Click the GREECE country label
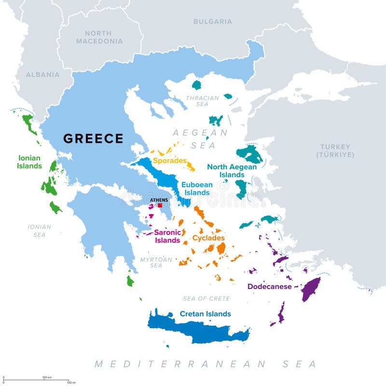94,138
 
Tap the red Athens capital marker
160,205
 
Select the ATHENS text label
159,199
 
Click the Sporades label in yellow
169,161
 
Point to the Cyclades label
208,238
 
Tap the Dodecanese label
269,287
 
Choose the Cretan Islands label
205,314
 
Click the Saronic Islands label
167,236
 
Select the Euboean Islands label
196,188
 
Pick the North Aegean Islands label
232,170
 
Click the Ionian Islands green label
30,162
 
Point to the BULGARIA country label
212,22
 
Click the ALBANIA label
42,75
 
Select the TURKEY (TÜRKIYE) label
335,151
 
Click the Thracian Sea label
202,101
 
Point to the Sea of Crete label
206,299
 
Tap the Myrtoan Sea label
156,262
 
